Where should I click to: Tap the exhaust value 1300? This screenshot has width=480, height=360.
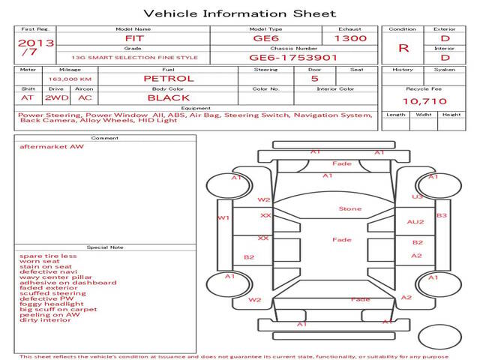(x=350, y=37)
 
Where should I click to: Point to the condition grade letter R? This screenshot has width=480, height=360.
(x=403, y=47)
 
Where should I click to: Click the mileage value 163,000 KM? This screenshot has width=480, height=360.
(x=70, y=79)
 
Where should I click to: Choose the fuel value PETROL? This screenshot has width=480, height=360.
(x=168, y=78)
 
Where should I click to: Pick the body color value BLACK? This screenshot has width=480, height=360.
(x=168, y=97)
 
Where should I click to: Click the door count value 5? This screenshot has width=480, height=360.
(x=314, y=78)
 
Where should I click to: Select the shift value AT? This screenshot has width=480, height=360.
(x=28, y=97)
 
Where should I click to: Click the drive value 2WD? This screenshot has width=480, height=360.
(x=55, y=97)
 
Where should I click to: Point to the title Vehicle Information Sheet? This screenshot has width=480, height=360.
(x=239, y=13)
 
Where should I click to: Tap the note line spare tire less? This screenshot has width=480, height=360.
(x=48, y=256)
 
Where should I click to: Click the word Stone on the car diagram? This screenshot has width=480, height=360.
(x=349, y=209)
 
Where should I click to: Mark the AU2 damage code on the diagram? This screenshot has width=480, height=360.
(x=415, y=222)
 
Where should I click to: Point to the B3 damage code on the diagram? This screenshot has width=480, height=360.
(x=442, y=215)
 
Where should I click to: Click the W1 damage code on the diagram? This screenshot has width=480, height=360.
(x=223, y=218)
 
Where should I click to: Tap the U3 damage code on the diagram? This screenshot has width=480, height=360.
(x=416, y=196)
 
